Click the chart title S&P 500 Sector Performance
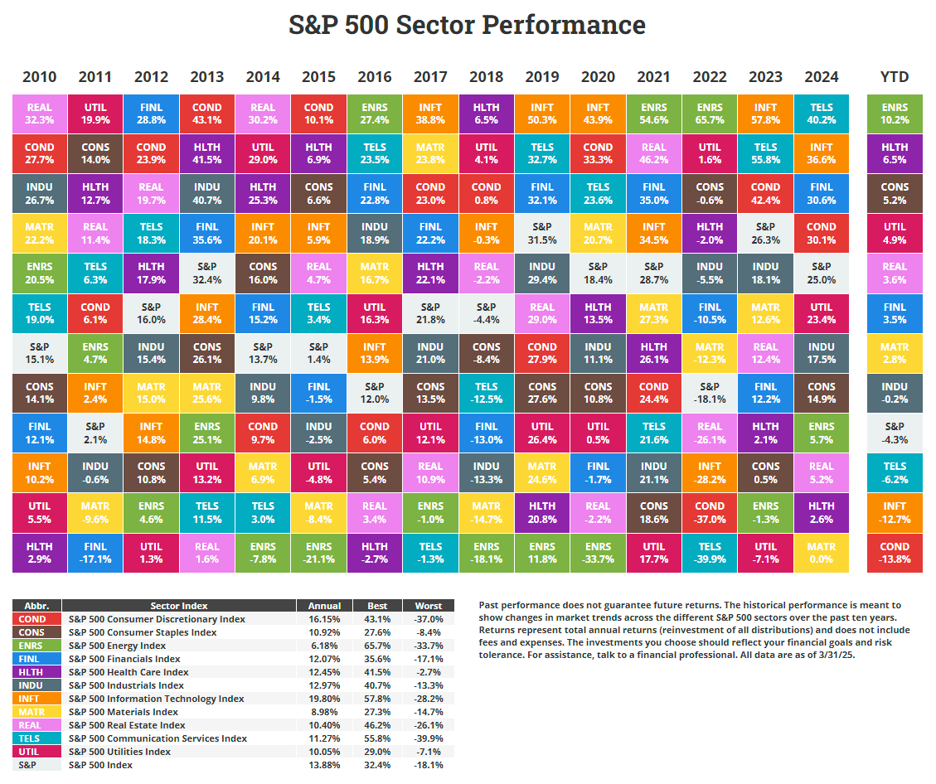[x=467, y=25]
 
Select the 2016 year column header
[x=375, y=77]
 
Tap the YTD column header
[x=895, y=77]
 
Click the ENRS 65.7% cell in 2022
[x=710, y=114]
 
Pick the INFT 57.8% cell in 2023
[x=765, y=114]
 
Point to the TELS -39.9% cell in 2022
[x=710, y=553]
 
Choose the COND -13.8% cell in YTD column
[x=895, y=553]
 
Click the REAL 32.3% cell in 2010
[x=40, y=114]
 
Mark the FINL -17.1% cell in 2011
[x=95, y=553]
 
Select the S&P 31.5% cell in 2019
[x=542, y=234]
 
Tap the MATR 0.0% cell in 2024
[x=821, y=553]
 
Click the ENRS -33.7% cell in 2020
[x=598, y=553]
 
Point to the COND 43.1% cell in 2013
[x=207, y=114]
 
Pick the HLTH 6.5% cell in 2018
[x=486, y=114]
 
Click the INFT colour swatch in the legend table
[x=36, y=699]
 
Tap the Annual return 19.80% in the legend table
[x=323, y=699]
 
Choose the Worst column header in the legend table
[x=429, y=606]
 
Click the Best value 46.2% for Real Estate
[x=376, y=725]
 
